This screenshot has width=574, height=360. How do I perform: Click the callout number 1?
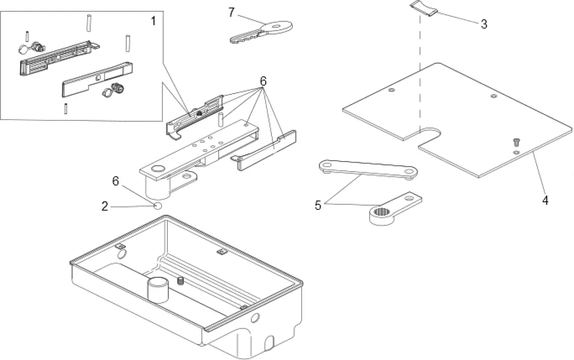click(153, 21)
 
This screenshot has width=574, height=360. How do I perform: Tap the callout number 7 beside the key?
click(232, 12)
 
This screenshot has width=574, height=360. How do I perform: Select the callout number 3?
click(484, 24)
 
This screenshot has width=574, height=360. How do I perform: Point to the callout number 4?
click(544, 200)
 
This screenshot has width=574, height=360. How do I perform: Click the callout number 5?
click(317, 205)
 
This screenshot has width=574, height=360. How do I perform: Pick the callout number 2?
click(105, 207)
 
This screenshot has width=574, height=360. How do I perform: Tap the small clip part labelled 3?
click(424, 9)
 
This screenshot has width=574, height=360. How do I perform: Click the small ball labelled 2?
click(157, 206)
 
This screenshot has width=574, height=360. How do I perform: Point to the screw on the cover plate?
click(516, 142)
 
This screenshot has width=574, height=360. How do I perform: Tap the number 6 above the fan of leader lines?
click(262, 81)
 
